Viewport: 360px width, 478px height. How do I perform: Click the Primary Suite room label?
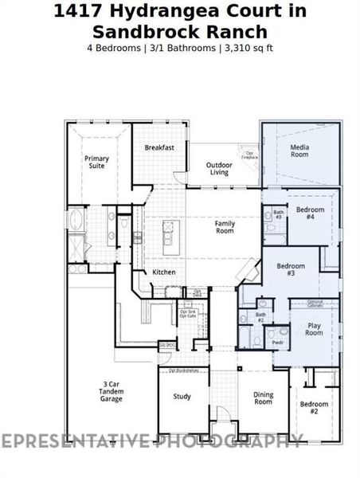96,163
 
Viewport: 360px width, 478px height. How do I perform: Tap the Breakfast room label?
159,148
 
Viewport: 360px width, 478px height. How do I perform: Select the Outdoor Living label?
218,168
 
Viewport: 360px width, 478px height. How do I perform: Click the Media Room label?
299,152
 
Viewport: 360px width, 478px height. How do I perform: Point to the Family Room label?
225,227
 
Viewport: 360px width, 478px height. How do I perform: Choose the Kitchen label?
164,272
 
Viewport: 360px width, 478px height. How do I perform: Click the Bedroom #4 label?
311,213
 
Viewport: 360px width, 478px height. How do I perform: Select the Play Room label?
314,329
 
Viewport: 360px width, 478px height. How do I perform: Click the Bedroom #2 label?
314,409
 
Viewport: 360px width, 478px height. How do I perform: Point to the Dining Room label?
263,398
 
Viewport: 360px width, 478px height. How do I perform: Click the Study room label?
182,396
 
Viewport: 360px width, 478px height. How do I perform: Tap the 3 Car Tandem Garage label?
111,391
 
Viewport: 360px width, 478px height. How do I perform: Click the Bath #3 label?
279,214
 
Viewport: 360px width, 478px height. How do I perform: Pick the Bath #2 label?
260,317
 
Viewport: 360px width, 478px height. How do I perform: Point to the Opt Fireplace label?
249,155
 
